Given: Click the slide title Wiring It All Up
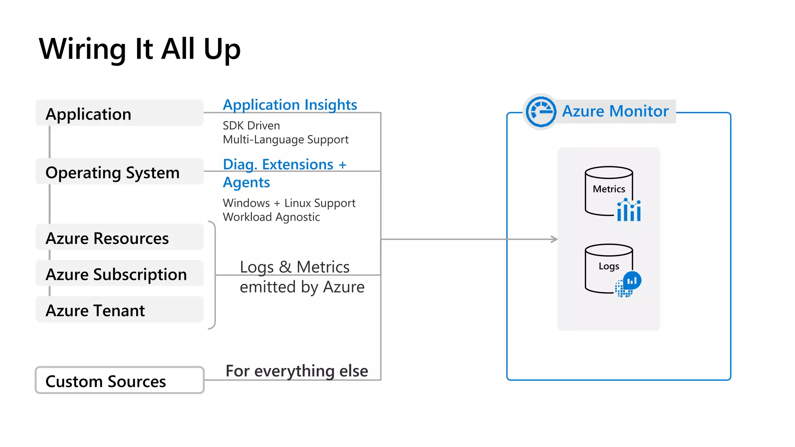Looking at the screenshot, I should [x=140, y=49].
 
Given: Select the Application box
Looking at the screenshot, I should [x=119, y=113].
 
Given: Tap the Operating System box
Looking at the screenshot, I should [x=119, y=172].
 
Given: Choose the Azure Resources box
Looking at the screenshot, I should [x=119, y=237].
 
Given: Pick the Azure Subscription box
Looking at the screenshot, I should [x=119, y=274].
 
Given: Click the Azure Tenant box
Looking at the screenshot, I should [x=119, y=310].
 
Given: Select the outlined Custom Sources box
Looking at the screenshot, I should [x=119, y=381].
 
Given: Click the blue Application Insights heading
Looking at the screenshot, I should [x=290, y=105].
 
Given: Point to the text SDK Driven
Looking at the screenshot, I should [x=251, y=126].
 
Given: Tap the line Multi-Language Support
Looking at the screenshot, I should [x=285, y=140].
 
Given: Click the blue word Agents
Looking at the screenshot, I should [x=246, y=182].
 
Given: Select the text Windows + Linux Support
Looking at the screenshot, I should [x=289, y=203].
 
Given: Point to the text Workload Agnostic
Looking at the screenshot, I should [x=271, y=217].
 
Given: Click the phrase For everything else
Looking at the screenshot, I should [x=297, y=371].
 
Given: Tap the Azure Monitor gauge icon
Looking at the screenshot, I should [x=540, y=112].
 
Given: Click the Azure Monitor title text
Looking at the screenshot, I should [x=615, y=111].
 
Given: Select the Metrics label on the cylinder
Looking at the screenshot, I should [x=609, y=189].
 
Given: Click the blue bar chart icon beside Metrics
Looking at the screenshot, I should [x=629, y=210].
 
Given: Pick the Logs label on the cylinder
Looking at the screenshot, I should [x=609, y=266].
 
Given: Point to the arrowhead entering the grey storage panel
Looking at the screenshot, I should [x=555, y=239].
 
